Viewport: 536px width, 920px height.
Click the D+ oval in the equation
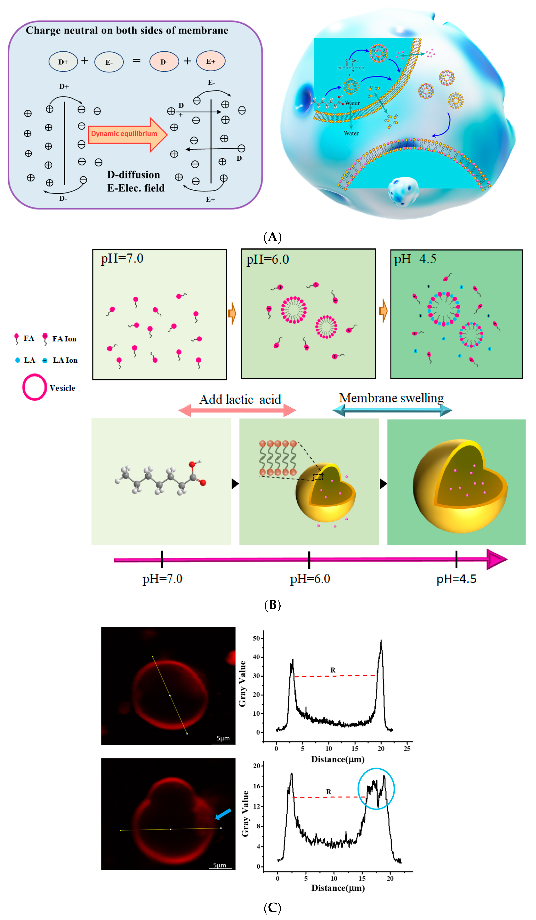click(63, 62)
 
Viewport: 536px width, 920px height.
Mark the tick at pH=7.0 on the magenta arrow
click(162, 559)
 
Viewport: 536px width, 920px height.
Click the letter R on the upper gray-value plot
click(333, 670)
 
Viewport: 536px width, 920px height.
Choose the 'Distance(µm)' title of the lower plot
click(338, 888)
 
